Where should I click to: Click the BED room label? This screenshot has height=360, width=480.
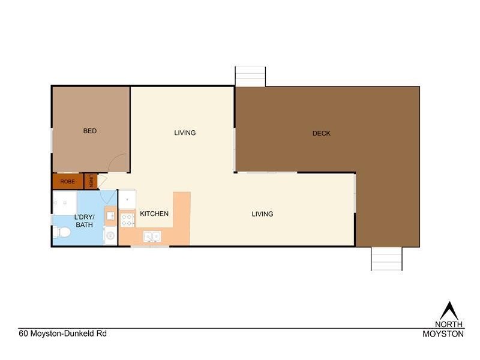click(x=90, y=131)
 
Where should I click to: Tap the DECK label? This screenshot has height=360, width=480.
click(x=322, y=133)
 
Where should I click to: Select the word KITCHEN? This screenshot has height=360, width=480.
click(x=154, y=214)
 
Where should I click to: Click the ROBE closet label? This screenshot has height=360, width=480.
click(x=67, y=181)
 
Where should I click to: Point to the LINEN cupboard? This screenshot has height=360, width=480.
click(x=91, y=180)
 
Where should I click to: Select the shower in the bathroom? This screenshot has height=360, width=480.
click(x=64, y=202)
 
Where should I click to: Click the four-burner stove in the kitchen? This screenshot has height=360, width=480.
click(x=127, y=220)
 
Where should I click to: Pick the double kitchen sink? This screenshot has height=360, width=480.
click(x=151, y=237)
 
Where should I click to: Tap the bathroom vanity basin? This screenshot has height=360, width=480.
click(x=110, y=214)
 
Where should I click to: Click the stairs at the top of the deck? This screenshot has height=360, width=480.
click(x=250, y=76)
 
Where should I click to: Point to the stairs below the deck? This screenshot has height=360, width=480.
click(x=386, y=259)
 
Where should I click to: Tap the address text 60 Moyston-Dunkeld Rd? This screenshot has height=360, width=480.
click(x=58, y=334)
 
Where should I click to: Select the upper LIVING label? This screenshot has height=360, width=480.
click(x=185, y=133)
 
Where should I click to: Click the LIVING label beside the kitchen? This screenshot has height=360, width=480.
click(x=262, y=214)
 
